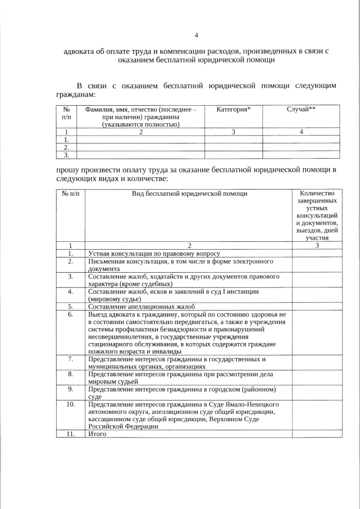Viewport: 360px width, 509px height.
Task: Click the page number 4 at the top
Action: pos(196,35)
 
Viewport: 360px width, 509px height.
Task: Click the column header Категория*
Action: pos(233,109)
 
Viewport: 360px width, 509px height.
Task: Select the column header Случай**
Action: pos(301,109)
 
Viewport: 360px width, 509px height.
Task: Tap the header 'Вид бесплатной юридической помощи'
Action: pos(189,193)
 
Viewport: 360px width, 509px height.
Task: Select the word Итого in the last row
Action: pos(97,434)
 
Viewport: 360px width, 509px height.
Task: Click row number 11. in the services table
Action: pos(71,434)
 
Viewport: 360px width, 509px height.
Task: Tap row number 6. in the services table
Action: pos(71,314)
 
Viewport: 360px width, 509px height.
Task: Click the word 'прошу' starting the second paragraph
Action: pos(69,169)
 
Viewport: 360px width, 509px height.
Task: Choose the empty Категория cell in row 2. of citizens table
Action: pos(233,147)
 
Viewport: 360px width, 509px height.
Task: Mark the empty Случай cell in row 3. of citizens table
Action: pos(301,155)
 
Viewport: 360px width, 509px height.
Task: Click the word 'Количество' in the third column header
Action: pos(317,193)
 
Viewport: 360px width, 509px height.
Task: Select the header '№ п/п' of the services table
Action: pos(71,193)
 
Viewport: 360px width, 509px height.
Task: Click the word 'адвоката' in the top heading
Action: pos(79,51)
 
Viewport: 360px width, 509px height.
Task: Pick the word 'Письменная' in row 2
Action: pos(108,262)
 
